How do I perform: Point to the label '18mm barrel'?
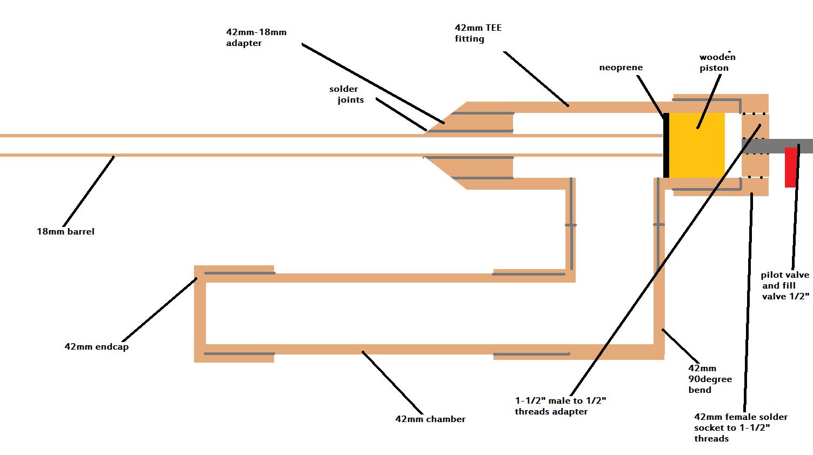(65, 232)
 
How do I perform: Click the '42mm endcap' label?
(96, 347)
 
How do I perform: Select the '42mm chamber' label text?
(430, 419)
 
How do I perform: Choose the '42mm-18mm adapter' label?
(256, 38)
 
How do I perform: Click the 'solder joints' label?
(346, 95)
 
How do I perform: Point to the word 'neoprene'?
(621, 68)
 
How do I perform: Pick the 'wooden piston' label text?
(717, 63)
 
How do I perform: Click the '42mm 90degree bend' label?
(710, 379)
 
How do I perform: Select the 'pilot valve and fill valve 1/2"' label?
(785, 286)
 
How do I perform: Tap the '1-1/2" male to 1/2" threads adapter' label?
(560, 406)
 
